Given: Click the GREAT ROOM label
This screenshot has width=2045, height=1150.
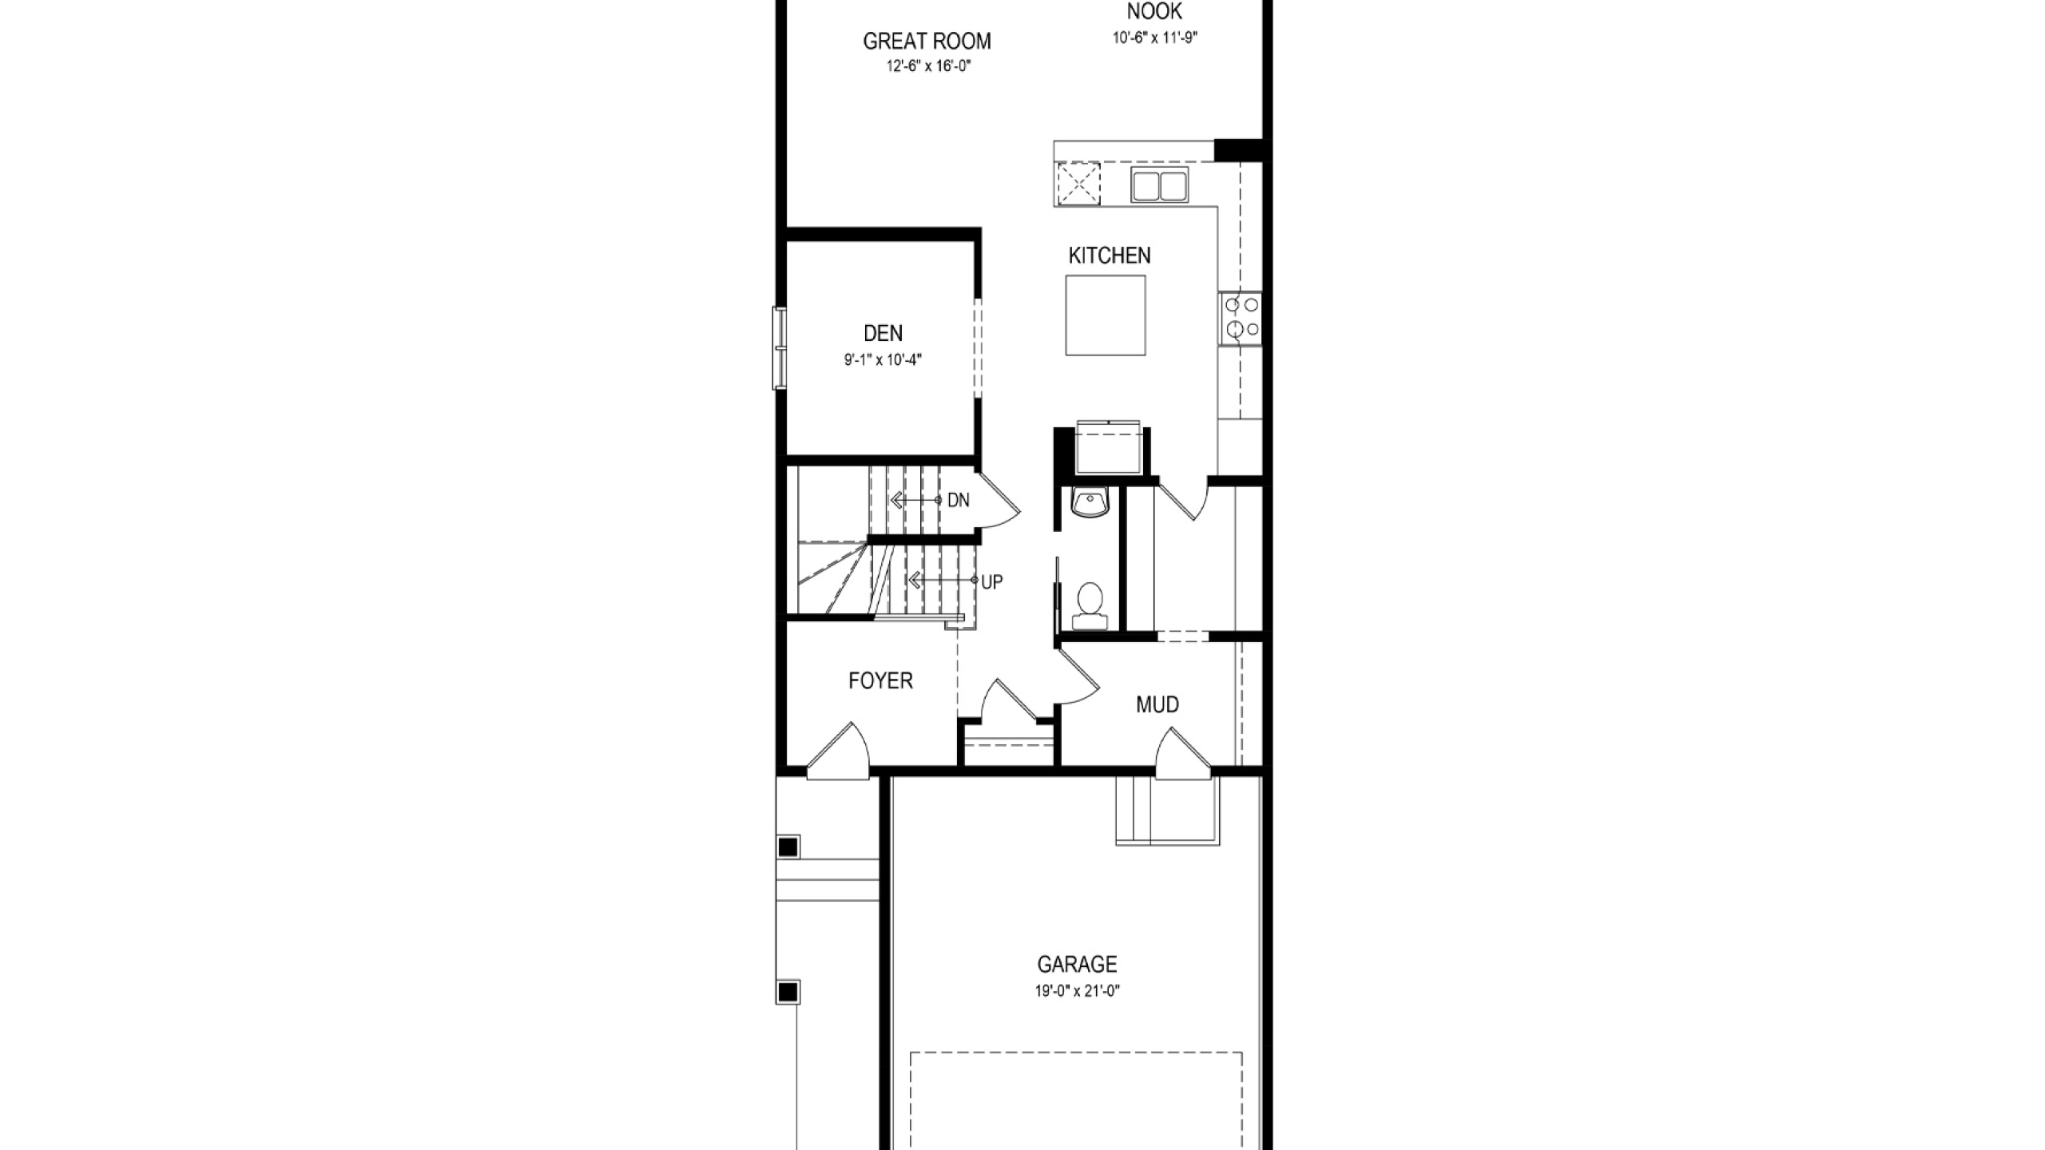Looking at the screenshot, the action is tap(927, 41).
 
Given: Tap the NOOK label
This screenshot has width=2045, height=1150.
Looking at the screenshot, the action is tap(1154, 11).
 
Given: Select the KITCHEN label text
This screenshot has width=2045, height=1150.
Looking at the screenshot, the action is tap(1110, 256).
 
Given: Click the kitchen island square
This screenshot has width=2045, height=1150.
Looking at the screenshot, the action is tap(1106, 315).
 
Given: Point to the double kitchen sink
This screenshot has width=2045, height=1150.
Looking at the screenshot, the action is tap(1160, 185).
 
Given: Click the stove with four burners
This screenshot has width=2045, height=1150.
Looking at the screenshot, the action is tap(1241, 318).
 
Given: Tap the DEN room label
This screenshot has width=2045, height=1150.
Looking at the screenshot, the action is tap(884, 333).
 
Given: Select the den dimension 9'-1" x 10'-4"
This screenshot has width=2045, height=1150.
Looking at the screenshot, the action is tap(884, 359).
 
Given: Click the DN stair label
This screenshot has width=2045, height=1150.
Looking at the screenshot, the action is tap(959, 500).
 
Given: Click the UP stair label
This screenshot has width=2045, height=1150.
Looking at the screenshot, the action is tap(992, 582).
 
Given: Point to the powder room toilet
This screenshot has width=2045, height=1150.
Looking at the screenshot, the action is tap(1090, 605).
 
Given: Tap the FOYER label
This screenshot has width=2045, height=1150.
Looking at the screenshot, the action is tap(880, 680).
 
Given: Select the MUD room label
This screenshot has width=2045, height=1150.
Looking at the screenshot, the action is tap(1158, 704).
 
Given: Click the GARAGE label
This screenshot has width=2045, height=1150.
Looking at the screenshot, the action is tap(1077, 965).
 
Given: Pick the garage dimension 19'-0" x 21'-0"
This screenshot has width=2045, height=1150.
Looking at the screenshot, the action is tap(1078, 991).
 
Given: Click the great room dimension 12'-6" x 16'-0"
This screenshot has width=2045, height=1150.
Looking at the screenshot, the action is tap(928, 66).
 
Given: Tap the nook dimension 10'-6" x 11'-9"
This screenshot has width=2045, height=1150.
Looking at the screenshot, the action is tap(1155, 38).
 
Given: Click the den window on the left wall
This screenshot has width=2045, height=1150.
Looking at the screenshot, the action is tap(779, 348).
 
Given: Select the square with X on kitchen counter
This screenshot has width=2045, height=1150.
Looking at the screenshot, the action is tap(1078, 184).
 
